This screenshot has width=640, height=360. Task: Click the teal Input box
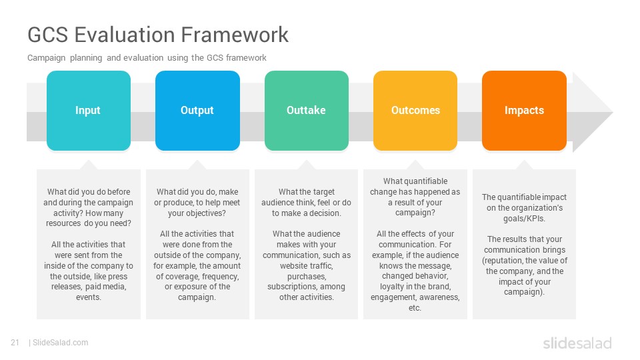[89, 111]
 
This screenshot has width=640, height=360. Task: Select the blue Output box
[197, 111]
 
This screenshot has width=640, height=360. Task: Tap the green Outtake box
[307, 111]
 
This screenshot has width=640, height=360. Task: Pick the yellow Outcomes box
[415, 111]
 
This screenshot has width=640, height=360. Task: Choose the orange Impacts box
[524, 111]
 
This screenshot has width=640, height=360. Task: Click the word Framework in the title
[235, 34]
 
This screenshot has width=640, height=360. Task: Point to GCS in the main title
[48, 34]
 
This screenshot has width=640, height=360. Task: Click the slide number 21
[15, 343]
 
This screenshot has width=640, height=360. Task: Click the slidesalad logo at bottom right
[577, 343]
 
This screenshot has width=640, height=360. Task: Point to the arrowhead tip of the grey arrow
[613, 112]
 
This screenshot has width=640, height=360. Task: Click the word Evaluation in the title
[125, 34]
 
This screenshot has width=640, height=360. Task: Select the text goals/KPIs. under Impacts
[524, 219]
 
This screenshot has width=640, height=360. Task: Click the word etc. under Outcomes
[415, 308]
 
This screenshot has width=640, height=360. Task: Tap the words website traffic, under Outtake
[307, 266]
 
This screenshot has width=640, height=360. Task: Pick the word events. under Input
[89, 297]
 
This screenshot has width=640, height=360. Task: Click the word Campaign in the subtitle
[46, 58]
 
